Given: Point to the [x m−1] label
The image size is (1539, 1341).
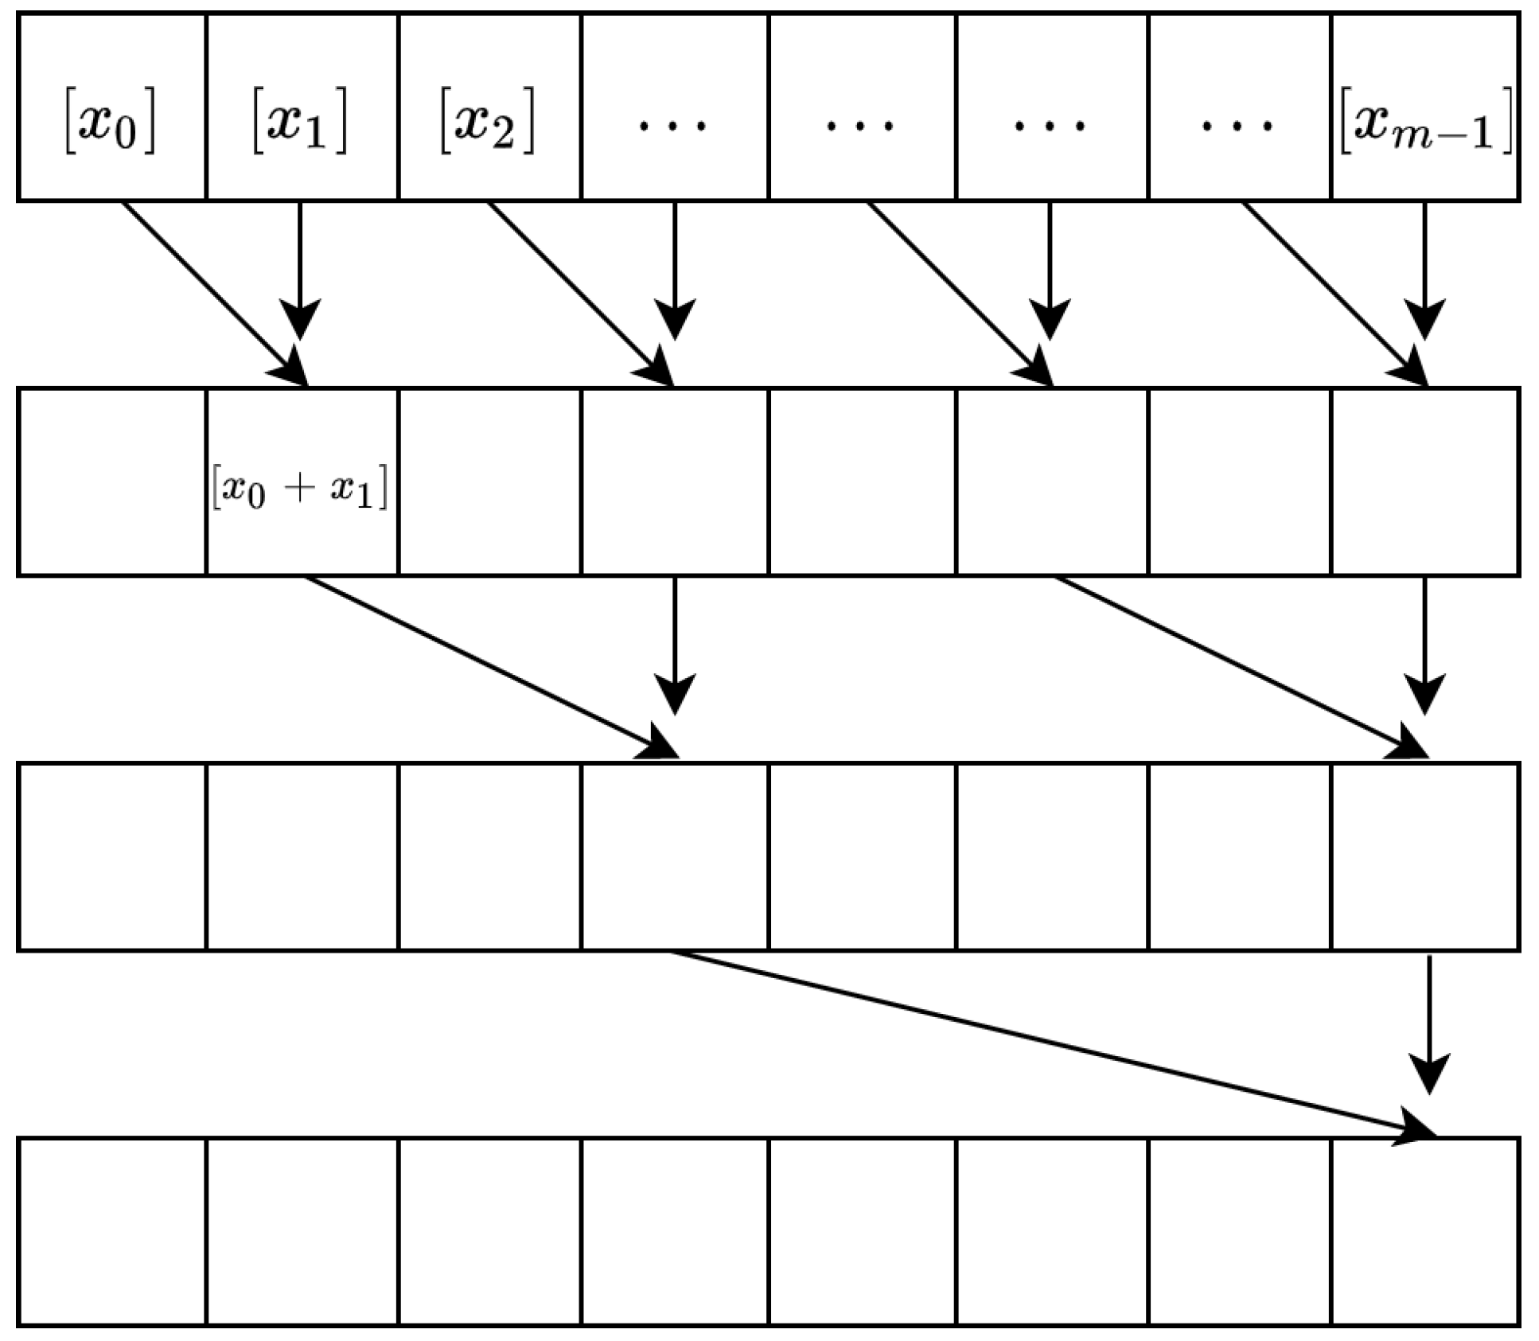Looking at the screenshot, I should [x=1425, y=126].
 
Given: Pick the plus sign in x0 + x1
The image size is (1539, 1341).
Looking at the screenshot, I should [x=299, y=487].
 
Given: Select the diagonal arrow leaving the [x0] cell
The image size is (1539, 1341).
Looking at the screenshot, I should [x=211, y=291].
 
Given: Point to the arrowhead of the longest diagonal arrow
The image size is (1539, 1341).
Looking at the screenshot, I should [x=1416, y=1131].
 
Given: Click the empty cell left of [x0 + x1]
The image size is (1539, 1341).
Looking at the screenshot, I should [x=112, y=481].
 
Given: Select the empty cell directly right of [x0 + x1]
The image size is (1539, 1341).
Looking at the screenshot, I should [x=489, y=481].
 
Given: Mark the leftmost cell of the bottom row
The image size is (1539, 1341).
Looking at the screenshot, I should [x=112, y=1232].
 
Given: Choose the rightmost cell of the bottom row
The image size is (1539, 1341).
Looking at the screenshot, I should [x=1425, y=1232].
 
